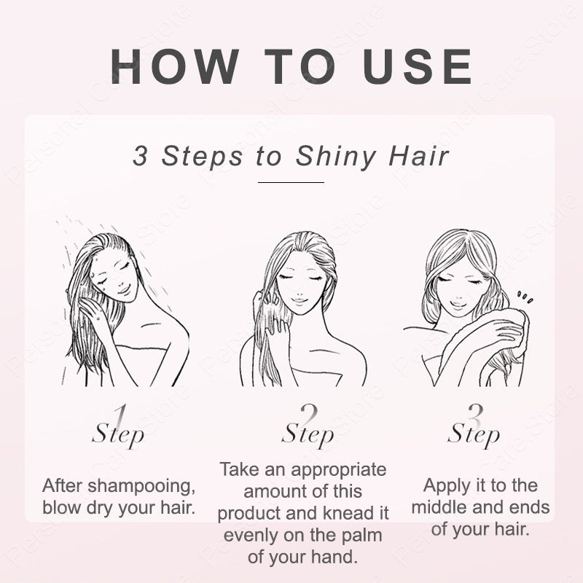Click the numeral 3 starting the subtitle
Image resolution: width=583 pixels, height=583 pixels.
139,157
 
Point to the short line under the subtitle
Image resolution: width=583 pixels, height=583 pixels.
291,182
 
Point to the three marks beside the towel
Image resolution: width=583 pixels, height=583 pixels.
524,297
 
